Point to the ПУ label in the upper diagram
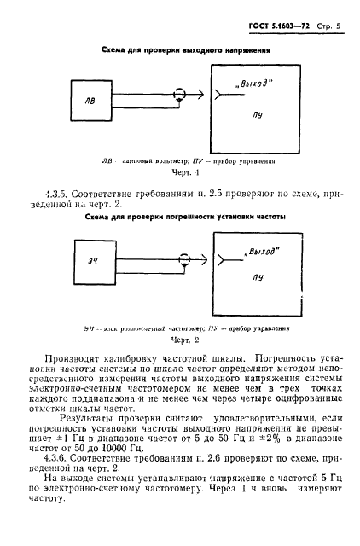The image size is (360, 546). (x=257, y=111)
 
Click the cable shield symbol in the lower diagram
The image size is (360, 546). (x=181, y=264)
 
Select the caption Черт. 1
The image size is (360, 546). (x=185, y=171)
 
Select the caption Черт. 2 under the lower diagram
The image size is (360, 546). (x=183, y=339)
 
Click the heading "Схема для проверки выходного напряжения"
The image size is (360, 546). (x=186, y=50)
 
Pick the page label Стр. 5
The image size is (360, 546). (x=327, y=26)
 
